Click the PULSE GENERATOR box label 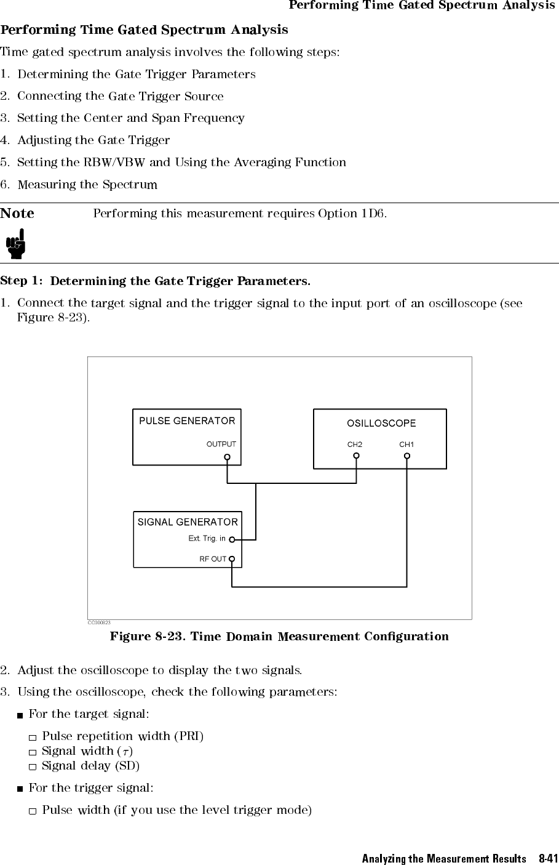click(x=187, y=421)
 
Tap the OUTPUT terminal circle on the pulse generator click(x=228, y=457)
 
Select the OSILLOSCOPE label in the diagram click(x=381, y=424)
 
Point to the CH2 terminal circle click(x=356, y=456)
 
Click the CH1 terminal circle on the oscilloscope click(x=406, y=456)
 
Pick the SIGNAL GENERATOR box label click(x=188, y=522)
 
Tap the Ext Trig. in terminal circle click(x=232, y=540)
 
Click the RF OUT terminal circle click(x=232, y=560)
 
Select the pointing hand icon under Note click(x=17, y=244)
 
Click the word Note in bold click(x=17, y=214)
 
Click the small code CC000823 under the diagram click(x=98, y=623)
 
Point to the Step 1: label click(x=22, y=281)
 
